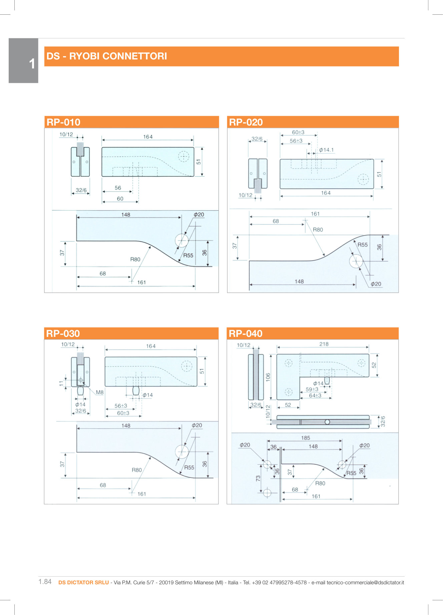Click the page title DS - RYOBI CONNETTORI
click(107, 56)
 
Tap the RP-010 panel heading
click(63, 122)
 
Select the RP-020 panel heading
click(246, 122)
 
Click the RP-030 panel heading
click(63, 334)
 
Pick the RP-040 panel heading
click(246, 334)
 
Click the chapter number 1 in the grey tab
click(32, 64)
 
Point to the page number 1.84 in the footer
click(45, 582)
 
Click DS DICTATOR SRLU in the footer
click(83, 583)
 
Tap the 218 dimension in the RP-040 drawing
click(324, 344)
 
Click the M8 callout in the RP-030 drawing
click(100, 392)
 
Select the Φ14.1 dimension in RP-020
click(326, 150)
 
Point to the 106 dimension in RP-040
click(268, 377)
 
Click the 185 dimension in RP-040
click(306, 438)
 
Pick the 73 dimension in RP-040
click(258, 478)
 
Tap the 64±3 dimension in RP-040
click(315, 396)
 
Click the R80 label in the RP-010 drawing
click(135, 259)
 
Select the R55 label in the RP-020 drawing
click(363, 245)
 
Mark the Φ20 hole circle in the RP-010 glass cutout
click(182, 240)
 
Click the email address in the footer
click(365, 583)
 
